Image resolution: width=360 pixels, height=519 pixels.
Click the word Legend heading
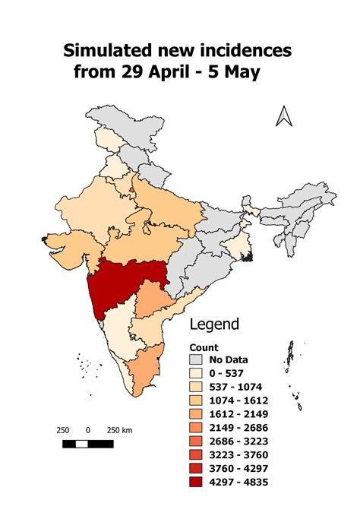[x=214, y=324]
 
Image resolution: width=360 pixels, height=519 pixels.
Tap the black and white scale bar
[x=88, y=443]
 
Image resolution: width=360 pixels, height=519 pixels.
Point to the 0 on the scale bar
[x=88, y=430]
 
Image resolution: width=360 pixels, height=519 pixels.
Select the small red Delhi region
[x=132, y=188]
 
